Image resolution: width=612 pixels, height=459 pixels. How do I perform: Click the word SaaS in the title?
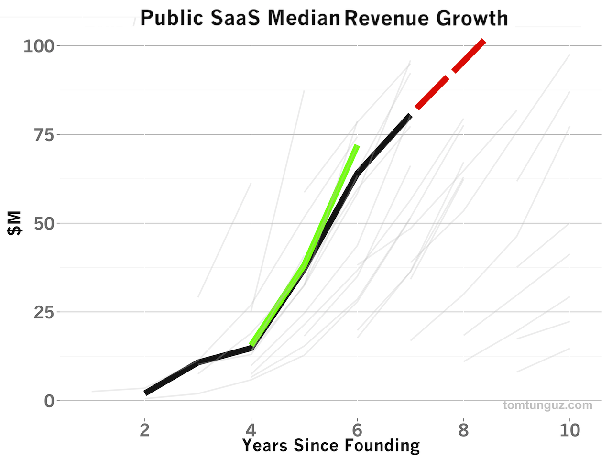click(x=235, y=18)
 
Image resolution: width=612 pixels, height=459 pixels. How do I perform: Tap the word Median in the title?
click(x=304, y=18)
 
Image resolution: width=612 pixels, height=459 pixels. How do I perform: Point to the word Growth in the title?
click(x=471, y=18)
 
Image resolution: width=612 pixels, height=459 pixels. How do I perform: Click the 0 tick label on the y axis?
click(x=49, y=401)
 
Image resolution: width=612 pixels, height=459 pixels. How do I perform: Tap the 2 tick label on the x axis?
click(x=144, y=430)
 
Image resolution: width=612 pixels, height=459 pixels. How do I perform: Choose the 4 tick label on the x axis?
click(x=251, y=430)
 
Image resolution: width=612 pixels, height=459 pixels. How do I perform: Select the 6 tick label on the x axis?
click(x=357, y=430)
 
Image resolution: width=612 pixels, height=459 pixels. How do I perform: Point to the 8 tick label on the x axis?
click(x=463, y=430)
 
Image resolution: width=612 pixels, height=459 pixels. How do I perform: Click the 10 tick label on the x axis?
click(x=569, y=430)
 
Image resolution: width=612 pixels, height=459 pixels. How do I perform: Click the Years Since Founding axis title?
click(x=331, y=446)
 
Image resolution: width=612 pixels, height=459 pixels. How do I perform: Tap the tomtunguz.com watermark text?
click(x=547, y=405)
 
